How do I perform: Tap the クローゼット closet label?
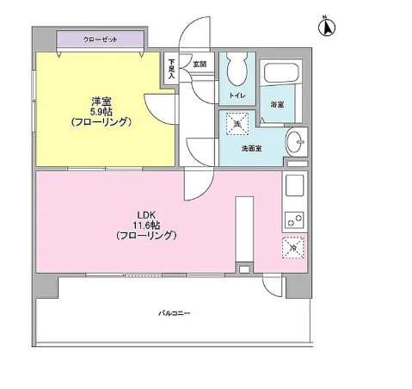[101, 40]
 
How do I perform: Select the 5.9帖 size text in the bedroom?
[101, 110]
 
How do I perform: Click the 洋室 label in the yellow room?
[101, 99]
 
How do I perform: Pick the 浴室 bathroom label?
[278, 104]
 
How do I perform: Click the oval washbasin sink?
[295, 140]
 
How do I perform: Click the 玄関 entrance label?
[199, 64]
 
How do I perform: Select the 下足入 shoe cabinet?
[171, 70]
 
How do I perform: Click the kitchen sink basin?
[294, 185]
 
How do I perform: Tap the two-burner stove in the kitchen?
[294, 219]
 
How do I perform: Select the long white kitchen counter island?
[244, 228]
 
